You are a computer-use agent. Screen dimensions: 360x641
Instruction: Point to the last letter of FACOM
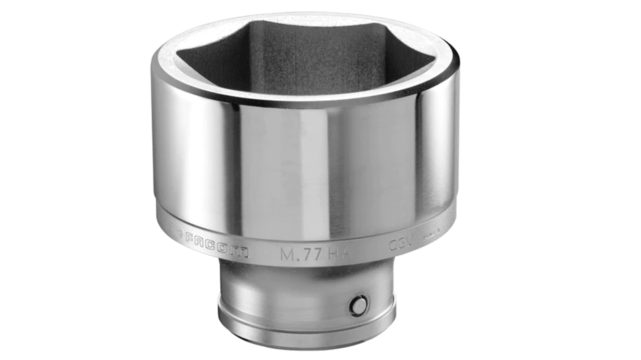[242, 252]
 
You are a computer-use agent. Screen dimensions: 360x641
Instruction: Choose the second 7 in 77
[316, 254]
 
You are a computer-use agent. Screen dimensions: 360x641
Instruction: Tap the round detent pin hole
[357, 305]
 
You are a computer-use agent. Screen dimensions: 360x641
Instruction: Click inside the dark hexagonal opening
[298, 59]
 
